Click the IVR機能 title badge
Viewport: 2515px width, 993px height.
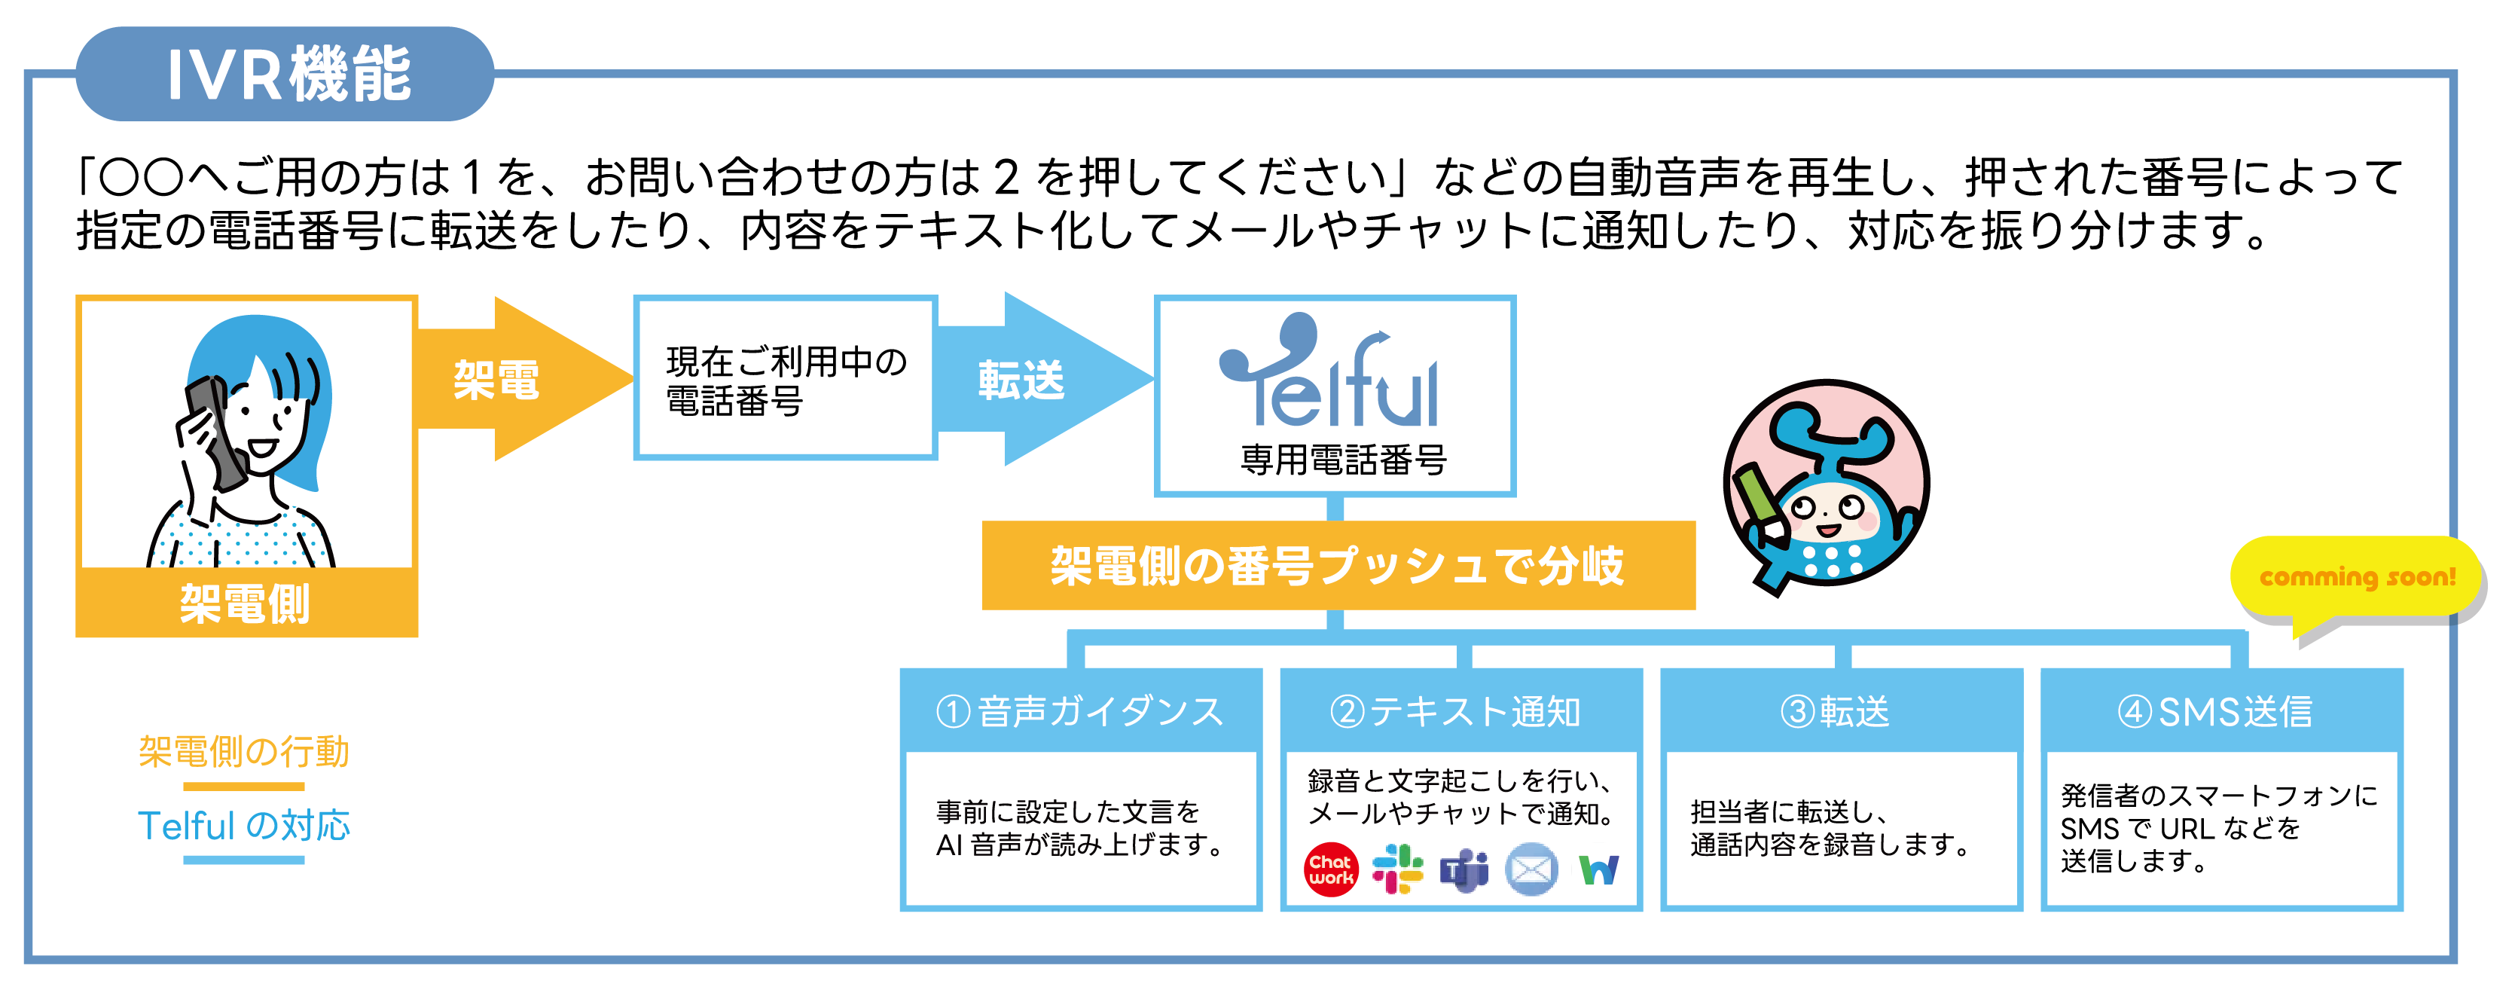[285, 74]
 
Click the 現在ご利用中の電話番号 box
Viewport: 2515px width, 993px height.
[786, 378]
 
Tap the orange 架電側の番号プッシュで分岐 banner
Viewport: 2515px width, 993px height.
[1338, 565]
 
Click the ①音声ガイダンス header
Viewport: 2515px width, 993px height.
[1081, 710]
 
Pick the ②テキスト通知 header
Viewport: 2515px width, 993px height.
[1460, 710]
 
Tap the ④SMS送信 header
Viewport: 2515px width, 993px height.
[2221, 710]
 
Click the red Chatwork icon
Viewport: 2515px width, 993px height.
[1331, 869]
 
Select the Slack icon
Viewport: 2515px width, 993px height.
[1397, 869]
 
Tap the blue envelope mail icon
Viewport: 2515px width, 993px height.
[1532, 869]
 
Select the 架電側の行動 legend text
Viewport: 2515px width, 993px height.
[244, 752]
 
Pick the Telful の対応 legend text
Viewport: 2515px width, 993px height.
[244, 826]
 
